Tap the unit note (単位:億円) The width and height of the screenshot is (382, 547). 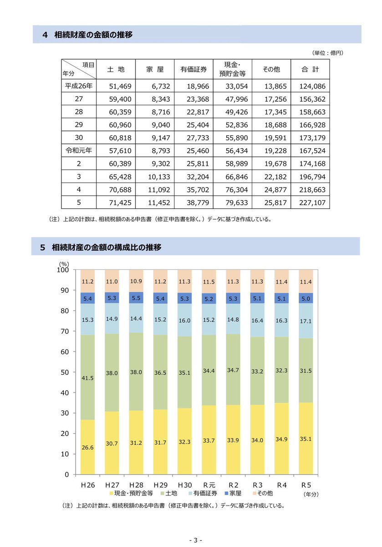point(328,53)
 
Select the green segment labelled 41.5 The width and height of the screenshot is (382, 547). point(87,377)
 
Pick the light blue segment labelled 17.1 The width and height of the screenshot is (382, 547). point(306,321)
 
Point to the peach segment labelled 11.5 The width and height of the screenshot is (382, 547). point(209,281)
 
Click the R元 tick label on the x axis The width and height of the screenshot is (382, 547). point(209,485)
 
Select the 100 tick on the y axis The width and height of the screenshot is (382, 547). point(63,270)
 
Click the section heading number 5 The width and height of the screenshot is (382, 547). point(43,248)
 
